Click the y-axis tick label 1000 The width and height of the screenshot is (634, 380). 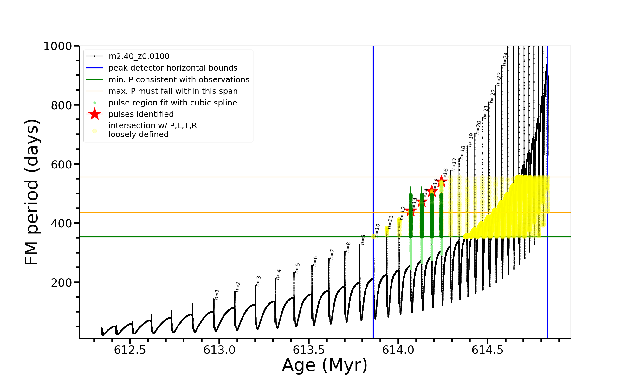tap(57, 46)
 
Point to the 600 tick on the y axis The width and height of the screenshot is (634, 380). tap(61, 164)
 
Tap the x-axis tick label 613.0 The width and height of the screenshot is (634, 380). tap(219, 350)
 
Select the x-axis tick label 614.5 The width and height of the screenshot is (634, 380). tap(488, 350)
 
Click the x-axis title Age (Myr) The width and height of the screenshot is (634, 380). tap(325, 365)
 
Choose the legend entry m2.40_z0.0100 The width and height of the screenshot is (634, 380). tap(139, 56)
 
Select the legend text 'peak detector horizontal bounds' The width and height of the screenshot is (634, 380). tap(173, 68)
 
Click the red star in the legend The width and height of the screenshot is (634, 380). tap(94, 114)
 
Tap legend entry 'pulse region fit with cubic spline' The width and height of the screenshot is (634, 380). tap(172, 103)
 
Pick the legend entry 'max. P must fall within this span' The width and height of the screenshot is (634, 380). tap(173, 91)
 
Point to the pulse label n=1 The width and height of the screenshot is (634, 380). tap(217, 294)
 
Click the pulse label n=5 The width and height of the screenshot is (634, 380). tap(297, 268)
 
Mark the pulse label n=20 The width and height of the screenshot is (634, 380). tap(478, 127)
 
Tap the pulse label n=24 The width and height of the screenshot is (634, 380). tap(505, 59)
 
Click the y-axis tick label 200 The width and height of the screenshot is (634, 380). tap(61, 282)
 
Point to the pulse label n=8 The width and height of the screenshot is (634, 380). tap(348, 247)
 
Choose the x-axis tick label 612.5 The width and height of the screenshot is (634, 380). tap(130, 350)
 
